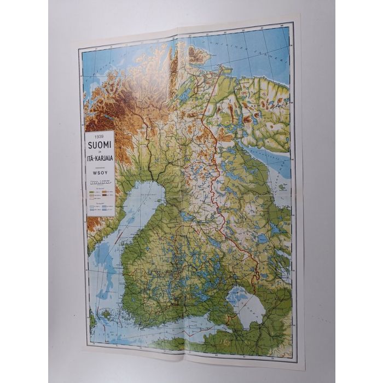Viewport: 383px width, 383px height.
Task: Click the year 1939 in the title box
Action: (99, 136)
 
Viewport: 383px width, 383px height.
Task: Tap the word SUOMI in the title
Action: (99, 144)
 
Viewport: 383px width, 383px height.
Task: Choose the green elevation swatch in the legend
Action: (91, 193)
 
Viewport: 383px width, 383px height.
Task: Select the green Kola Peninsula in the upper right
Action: (263, 109)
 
